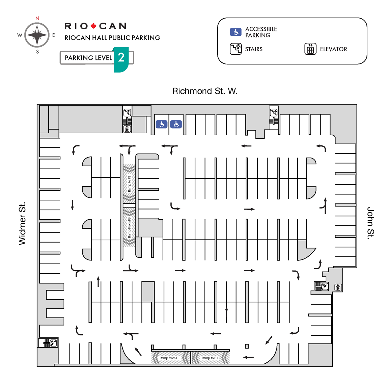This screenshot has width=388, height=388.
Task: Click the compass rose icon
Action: pos(37,35)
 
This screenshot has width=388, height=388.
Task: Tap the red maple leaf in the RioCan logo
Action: pos(94,26)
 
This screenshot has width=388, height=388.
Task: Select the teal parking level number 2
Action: pos(121,58)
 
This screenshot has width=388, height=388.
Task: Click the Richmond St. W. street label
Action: pos(205,91)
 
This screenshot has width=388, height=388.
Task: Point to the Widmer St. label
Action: pos(22,224)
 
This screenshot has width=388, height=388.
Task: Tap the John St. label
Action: pos(370,223)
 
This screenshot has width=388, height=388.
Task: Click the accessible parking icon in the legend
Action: pos(236,32)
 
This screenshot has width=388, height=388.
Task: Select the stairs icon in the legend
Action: pos(236,49)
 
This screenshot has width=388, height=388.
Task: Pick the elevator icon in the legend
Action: pos(310,49)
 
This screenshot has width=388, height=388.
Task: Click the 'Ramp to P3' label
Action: pos(130,184)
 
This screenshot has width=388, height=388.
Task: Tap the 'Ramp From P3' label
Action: pos(130,227)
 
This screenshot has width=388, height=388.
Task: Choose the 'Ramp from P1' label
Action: pos(169,358)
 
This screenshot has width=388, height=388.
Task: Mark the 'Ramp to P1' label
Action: pos(210,358)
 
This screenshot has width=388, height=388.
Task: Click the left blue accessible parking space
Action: pos(162,124)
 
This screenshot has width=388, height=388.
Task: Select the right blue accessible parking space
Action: pos(176,124)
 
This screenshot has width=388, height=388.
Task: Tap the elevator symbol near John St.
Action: pos(338,287)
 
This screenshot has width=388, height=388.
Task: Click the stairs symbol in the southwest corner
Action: pos(53,343)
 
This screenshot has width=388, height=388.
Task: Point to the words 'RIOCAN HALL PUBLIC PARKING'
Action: pos(112,38)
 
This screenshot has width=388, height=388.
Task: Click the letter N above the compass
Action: pos(37,18)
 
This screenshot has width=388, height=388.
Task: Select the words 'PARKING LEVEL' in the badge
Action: pos(88,58)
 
